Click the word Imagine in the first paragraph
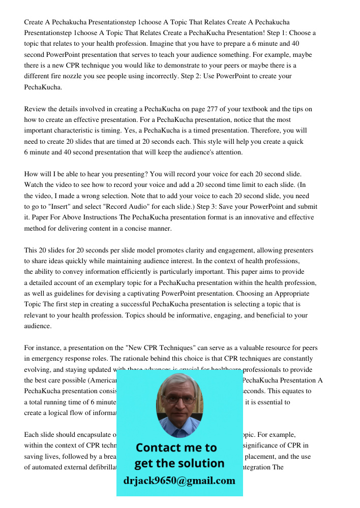pyautogui.click(x=146, y=44)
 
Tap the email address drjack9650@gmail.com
pyautogui.click(x=179, y=481)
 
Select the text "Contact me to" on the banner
pyautogui.click(x=176, y=448)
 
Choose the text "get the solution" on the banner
pyautogui.click(x=179, y=463)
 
